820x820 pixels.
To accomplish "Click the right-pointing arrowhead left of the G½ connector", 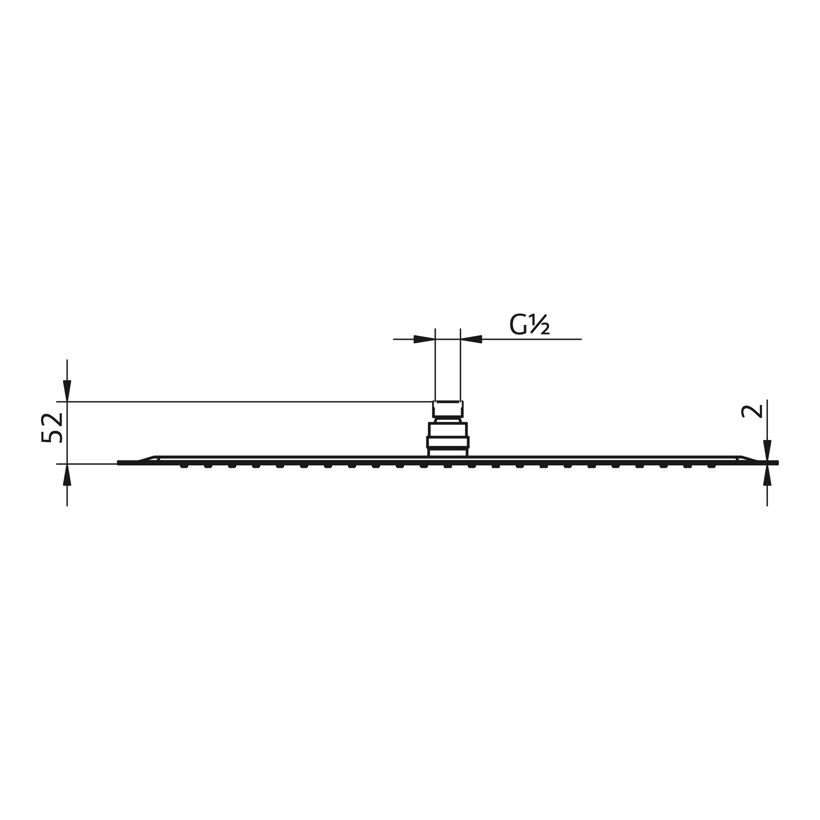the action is click(424, 339).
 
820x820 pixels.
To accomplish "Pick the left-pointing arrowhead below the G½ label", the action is click(471, 339).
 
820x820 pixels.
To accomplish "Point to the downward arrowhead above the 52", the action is click(67, 390).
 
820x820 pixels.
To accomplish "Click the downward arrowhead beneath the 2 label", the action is click(767, 450).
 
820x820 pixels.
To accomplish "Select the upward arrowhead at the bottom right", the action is click(767, 475).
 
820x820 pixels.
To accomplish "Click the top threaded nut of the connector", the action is click(448, 409).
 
